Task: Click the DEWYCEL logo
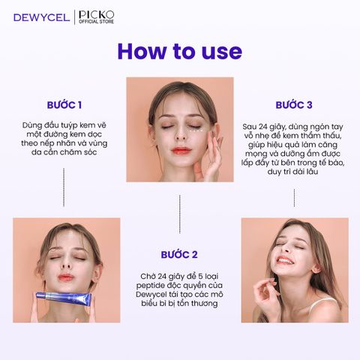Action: click(41, 18)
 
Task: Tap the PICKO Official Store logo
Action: click(97, 17)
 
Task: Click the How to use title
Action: click(180, 51)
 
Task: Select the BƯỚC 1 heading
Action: click(64, 105)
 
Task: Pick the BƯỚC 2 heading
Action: click(179, 254)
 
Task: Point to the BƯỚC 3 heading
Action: click(294, 105)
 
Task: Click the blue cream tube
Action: click(64, 298)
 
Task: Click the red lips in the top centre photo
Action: click(181, 151)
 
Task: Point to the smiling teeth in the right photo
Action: click(285, 261)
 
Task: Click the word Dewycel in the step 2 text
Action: click(150, 294)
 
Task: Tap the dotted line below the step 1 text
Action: click(64, 187)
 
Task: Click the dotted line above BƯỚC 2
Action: click(180, 214)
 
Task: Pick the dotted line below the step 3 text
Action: click(294, 198)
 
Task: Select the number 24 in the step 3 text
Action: click(263, 127)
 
